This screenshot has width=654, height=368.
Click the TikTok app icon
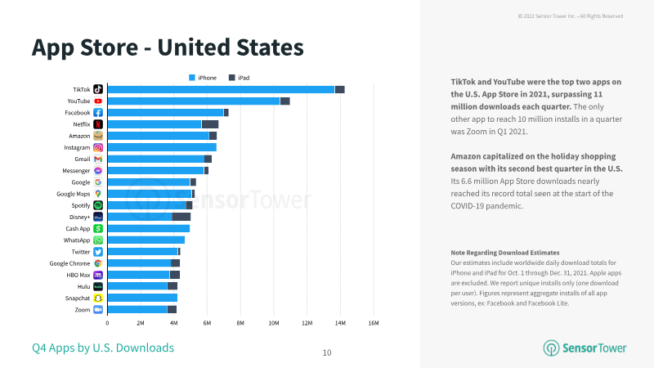98,89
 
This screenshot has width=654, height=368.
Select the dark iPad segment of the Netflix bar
210,124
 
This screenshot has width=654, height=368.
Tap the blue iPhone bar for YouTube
194,101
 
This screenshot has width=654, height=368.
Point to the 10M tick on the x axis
274,323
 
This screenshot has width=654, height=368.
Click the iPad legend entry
239,78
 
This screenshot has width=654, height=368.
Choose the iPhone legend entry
203,78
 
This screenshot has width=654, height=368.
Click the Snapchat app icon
98,298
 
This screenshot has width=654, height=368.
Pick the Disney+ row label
79,217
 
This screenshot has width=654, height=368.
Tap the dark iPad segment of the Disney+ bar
181,217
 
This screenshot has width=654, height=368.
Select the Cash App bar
149,229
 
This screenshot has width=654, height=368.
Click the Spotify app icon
98,205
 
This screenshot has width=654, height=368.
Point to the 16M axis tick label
374,323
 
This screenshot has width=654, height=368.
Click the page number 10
327,353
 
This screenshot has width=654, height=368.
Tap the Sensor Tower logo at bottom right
585,348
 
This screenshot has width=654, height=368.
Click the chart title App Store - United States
168,47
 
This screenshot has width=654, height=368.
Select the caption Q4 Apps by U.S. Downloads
103,348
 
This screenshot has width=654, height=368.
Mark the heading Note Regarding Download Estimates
505,253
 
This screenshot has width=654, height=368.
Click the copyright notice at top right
571,16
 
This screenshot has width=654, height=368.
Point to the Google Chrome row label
69,263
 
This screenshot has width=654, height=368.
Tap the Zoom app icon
98,310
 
